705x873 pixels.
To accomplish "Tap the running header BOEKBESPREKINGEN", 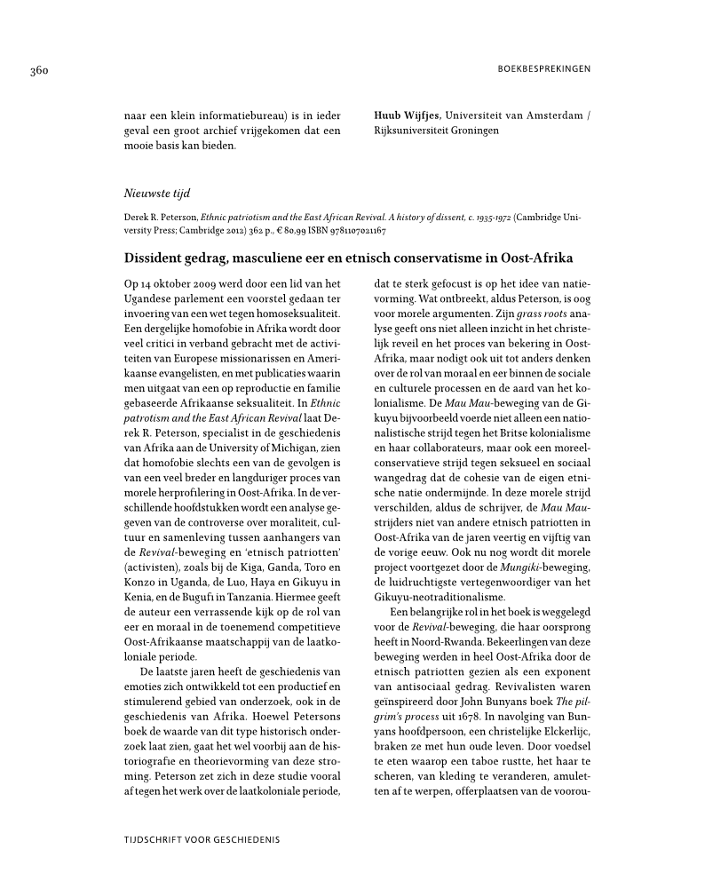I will tap(542, 68).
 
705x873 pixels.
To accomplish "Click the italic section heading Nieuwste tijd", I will tap(156, 192).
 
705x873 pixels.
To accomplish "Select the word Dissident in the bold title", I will tap(156, 258).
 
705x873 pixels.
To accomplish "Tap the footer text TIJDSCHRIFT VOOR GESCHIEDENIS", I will tap(204, 838).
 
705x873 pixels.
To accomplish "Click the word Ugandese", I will tap(146, 298).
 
